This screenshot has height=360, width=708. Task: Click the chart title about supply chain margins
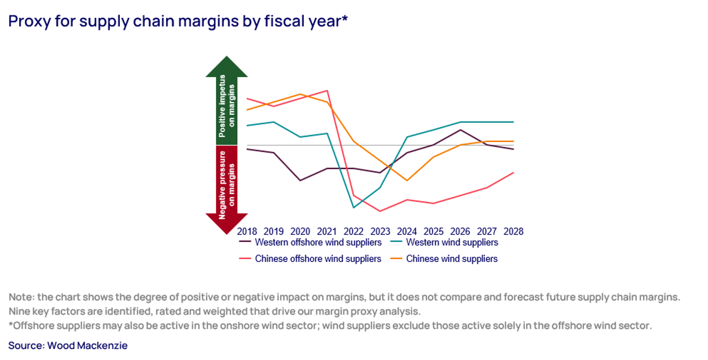(178, 21)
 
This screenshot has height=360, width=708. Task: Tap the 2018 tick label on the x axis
(247, 231)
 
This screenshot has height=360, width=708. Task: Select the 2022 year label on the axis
(353, 231)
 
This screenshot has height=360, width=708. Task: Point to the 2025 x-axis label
(433, 231)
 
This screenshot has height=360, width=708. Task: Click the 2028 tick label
(513, 231)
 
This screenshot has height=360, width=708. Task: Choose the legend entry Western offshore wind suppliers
(318, 242)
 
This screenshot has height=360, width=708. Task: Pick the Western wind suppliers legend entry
(452, 242)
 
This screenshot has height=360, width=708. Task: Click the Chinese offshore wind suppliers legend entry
(318, 259)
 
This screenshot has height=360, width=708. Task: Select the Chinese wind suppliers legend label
(452, 259)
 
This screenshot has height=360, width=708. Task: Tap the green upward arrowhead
(227, 67)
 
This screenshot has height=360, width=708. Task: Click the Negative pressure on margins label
(227, 185)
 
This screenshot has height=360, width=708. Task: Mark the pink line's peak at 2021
(327, 90)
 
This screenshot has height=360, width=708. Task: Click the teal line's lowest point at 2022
(354, 207)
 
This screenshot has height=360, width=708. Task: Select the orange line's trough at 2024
(407, 180)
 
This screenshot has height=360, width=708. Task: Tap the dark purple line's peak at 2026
(460, 130)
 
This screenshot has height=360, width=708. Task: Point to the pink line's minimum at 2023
(380, 211)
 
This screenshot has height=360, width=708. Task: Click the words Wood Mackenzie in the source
(87, 345)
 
